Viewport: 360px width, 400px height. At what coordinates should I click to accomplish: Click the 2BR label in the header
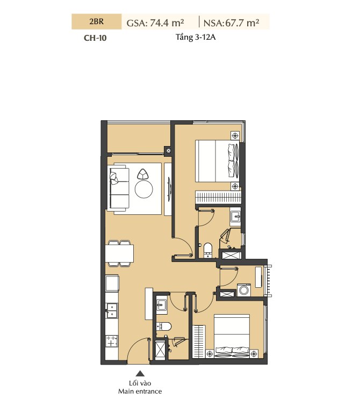(x=97, y=21)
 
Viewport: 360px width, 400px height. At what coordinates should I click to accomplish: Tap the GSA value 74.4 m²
(x=167, y=23)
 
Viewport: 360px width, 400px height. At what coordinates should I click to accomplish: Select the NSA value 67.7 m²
(x=242, y=23)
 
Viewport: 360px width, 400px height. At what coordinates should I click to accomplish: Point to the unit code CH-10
(x=95, y=38)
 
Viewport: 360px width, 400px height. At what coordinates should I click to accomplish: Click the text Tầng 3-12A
(x=196, y=37)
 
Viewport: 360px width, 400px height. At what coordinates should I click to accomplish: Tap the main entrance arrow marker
(x=140, y=374)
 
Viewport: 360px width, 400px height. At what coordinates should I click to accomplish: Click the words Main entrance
(x=140, y=391)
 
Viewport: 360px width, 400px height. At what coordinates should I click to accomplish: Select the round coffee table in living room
(x=144, y=189)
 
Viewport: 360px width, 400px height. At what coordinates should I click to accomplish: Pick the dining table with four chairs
(x=119, y=253)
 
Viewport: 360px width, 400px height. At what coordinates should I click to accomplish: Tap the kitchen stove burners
(x=112, y=341)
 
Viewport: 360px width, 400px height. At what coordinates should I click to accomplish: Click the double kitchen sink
(x=112, y=310)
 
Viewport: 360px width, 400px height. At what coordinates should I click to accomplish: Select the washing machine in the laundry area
(x=244, y=290)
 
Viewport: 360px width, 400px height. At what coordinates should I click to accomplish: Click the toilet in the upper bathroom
(x=208, y=250)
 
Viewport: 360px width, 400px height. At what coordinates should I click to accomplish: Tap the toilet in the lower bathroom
(x=164, y=326)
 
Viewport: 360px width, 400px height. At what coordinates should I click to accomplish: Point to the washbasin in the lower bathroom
(x=161, y=304)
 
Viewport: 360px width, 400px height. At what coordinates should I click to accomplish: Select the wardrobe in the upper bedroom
(x=218, y=197)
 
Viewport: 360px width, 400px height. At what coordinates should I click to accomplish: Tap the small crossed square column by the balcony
(x=169, y=150)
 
